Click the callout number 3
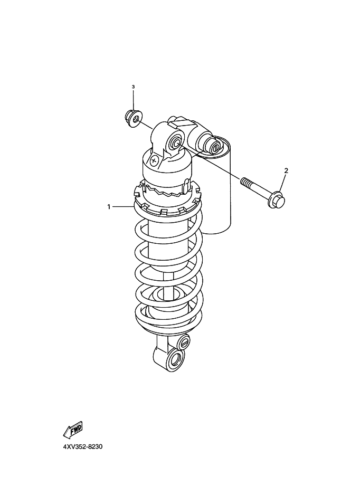click(x=133, y=87)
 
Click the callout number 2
click(x=286, y=171)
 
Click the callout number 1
click(x=109, y=207)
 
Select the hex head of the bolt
click(x=277, y=200)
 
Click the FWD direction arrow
click(x=73, y=430)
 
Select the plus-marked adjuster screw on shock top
click(x=154, y=160)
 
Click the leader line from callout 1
click(x=123, y=207)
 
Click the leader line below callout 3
click(x=133, y=99)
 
